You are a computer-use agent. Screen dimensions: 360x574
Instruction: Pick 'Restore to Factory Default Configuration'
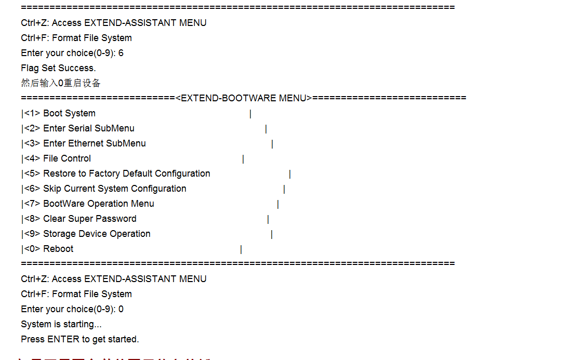pos(126,174)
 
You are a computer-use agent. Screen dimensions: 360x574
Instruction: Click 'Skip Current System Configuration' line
pos(114,189)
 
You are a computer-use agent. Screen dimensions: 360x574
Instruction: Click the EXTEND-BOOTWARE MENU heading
pos(244,98)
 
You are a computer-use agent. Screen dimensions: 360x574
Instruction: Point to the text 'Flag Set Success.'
pos(58,68)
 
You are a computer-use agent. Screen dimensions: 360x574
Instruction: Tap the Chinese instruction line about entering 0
pos(61,83)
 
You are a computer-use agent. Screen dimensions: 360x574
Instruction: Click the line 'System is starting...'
pos(61,324)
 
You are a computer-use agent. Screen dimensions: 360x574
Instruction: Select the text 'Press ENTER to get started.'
pos(80,339)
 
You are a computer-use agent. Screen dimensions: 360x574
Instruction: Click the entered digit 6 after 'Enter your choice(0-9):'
pos(121,53)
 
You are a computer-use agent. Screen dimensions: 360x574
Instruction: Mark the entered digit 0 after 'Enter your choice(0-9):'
pos(121,309)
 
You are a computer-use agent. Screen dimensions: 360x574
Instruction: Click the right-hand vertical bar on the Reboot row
pos(241,250)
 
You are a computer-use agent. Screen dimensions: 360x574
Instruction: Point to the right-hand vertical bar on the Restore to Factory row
pos(290,174)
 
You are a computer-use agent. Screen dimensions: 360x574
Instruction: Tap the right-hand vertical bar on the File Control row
pos(243,159)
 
